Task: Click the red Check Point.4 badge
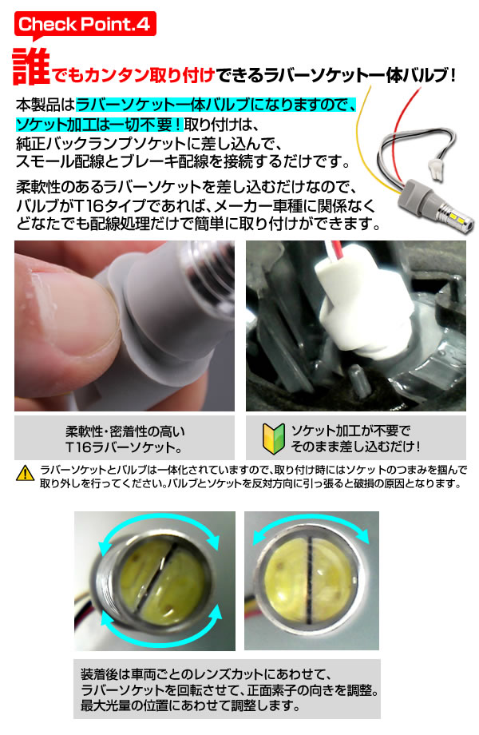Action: (85, 24)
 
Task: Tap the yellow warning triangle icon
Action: (26, 474)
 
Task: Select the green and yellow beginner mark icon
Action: (274, 439)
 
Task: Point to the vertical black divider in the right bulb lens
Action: (310, 580)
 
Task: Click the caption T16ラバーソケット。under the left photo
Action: (124, 447)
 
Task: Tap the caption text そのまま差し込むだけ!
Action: (355, 446)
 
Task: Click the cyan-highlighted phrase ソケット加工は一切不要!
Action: (99, 124)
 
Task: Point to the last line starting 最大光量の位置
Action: (190, 705)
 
